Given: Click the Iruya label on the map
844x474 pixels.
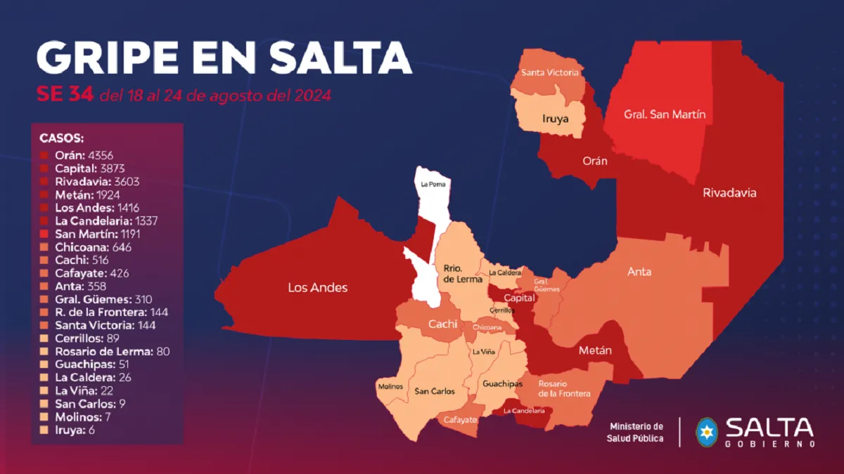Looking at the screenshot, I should pyautogui.click(x=554, y=119).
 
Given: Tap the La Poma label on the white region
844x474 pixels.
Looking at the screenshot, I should pyautogui.click(x=433, y=185).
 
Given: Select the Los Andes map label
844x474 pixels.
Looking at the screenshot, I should pyautogui.click(x=318, y=287).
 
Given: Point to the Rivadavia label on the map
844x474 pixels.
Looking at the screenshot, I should pyautogui.click(x=729, y=192).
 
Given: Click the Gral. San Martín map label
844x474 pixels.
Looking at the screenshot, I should pyautogui.click(x=665, y=114).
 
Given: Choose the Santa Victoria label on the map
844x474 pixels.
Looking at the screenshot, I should pyautogui.click(x=550, y=72).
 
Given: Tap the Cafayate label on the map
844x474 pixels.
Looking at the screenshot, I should pyautogui.click(x=460, y=419).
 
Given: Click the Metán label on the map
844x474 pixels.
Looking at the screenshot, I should pyautogui.click(x=595, y=350).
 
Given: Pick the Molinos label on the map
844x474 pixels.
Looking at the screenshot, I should pyautogui.click(x=390, y=386).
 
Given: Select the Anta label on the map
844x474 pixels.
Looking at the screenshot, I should pyautogui.click(x=639, y=272).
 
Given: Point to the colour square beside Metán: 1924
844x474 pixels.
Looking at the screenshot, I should pyautogui.click(x=44, y=195).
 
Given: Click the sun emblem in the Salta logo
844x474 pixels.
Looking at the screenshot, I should pyautogui.click(x=706, y=431).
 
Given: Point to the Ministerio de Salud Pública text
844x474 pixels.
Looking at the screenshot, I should pyautogui.click(x=636, y=432).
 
